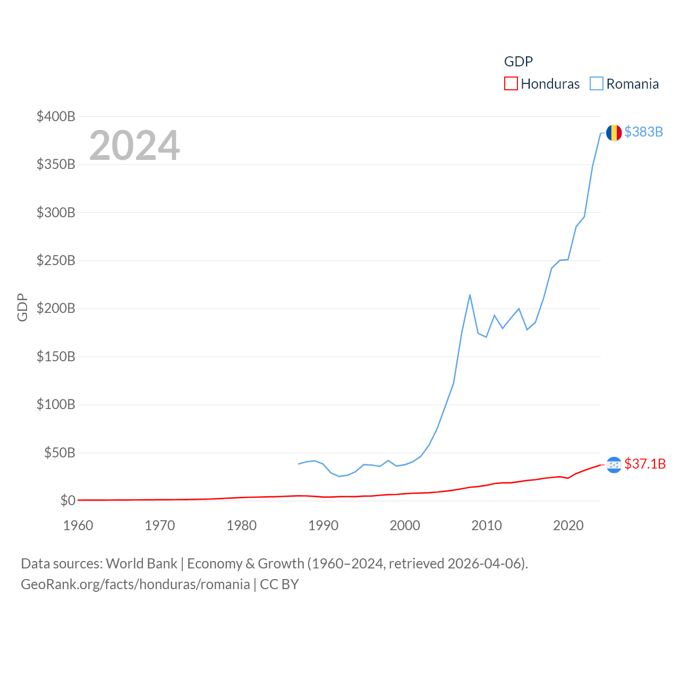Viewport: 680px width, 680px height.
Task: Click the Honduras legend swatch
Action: click(511, 84)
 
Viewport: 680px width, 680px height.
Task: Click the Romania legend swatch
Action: click(597, 84)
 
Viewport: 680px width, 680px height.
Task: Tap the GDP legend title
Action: click(518, 62)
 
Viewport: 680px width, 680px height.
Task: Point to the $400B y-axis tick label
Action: click(56, 116)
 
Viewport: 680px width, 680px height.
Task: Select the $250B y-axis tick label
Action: click(56, 260)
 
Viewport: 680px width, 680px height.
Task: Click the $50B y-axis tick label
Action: click(59, 453)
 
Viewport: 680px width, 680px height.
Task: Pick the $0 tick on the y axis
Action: click(67, 500)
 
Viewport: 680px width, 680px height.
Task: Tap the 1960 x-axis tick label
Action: click(78, 525)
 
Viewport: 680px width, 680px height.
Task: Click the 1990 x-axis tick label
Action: click(323, 525)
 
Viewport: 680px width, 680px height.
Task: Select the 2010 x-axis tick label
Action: click(487, 525)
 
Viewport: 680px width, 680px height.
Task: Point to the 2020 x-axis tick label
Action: click(568, 525)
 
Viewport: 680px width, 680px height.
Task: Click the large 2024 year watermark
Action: click(134, 146)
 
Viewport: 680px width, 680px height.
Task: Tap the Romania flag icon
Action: click(614, 133)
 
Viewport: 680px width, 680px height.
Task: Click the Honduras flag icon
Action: click(614, 465)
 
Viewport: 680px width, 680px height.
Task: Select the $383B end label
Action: click(643, 132)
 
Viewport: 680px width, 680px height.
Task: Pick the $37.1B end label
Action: click(645, 464)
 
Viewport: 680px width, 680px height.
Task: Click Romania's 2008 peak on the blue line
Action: click(470, 295)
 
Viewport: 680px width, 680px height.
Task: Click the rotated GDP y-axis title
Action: click(22, 307)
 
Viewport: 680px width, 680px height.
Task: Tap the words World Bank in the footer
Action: click(141, 563)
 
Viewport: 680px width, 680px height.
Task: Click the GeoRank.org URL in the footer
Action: click(135, 584)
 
